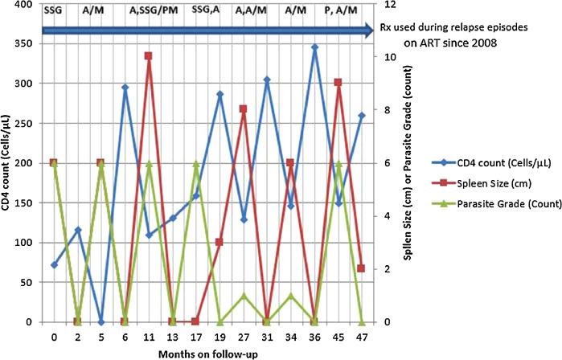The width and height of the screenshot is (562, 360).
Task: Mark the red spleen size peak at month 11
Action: coord(149,56)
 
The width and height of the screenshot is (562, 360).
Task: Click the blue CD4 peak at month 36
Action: coord(314,47)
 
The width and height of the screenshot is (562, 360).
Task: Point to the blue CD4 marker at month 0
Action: coord(53,264)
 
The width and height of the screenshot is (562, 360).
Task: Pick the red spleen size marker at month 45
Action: coord(338,82)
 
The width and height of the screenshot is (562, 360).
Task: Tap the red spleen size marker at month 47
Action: coord(362,268)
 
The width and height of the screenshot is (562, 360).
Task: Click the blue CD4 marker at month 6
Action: coord(125,88)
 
